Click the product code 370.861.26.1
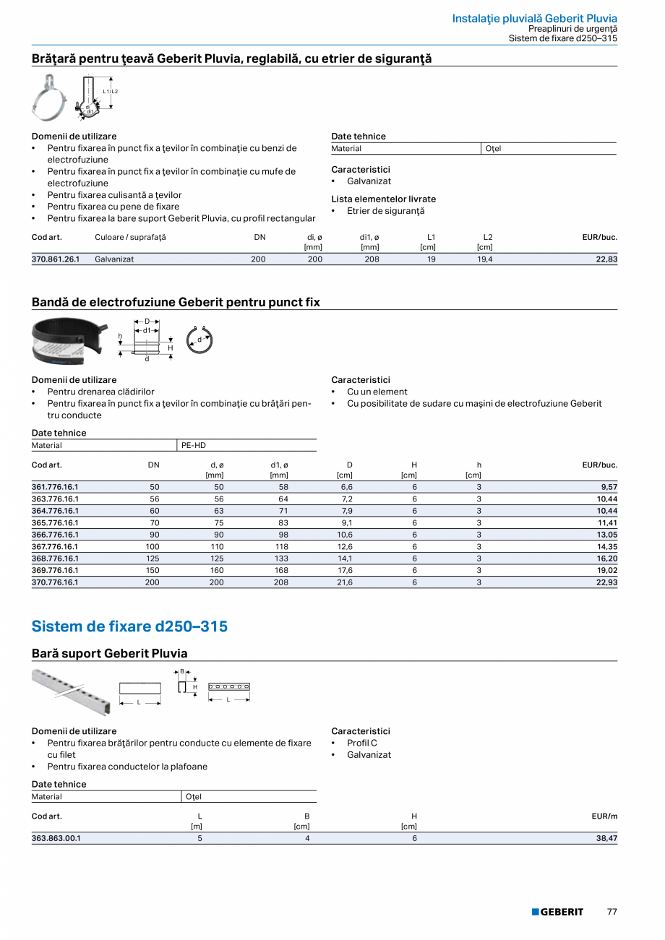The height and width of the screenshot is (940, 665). coord(56,259)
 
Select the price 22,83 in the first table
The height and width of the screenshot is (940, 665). coord(606,259)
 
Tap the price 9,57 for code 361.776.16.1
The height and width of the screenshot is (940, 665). coord(608,487)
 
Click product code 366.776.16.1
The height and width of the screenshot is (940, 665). coord(55,535)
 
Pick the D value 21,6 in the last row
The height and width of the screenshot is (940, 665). coord(345,582)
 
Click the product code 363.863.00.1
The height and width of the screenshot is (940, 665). coord(56,838)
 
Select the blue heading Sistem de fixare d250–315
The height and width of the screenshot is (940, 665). coord(129,626)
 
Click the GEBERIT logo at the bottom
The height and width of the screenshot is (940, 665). coord(557,912)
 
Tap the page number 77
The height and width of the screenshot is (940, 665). coord(612,912)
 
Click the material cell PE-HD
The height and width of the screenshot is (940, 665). coord(193,446)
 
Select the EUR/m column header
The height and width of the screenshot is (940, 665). coord(604,816)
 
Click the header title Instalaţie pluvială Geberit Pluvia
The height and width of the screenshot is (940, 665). coord(534,18)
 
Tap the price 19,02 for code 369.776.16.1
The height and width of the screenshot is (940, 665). coord(607,570)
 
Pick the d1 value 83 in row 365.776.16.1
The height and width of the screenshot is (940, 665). coord(283,522)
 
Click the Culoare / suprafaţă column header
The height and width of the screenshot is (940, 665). coord(130,237)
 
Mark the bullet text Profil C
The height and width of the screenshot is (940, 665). coord(361,743)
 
